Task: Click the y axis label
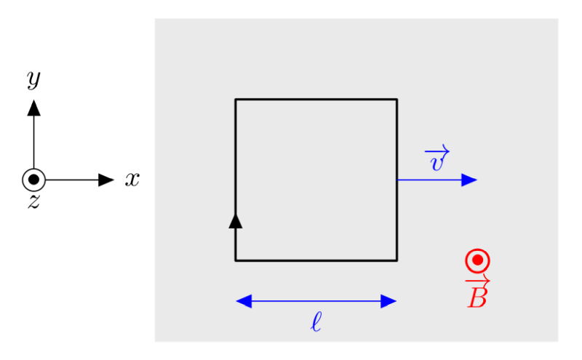(x=33, y=79)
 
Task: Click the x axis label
(x=132, y=179)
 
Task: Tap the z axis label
(x=33, y=201)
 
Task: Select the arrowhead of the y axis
(x=33, y=108)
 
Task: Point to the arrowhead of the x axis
(x=106, y=180)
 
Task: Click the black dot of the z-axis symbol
(x=33, y=180)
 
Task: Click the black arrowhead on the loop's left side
(x=235, y=221)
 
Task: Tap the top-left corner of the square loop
(x=235, y=99)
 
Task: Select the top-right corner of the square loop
(x=397, y=99)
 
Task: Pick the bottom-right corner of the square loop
(x=397, y=260)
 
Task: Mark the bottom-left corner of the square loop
(x=235, y=260)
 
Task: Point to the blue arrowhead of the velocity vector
(x=469, y=180)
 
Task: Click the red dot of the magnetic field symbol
(x=478, y=260)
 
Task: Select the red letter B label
(x=477, y=297)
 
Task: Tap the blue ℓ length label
(x=316, y=321)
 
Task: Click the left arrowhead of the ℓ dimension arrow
(x=244, y=301)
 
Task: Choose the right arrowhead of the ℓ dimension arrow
(x=389, y=301)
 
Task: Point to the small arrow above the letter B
(x=478, y=281)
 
